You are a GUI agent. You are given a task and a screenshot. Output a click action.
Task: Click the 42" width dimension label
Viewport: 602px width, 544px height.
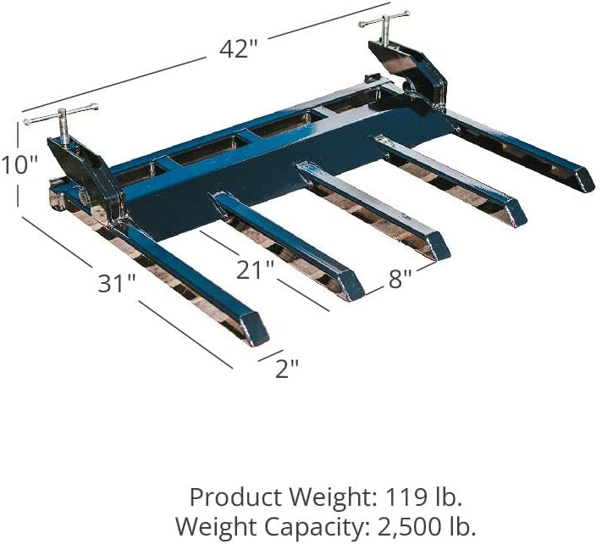pyautogui.click(x=238, y=48)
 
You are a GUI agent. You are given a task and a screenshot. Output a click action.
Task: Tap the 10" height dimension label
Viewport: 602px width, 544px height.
pyautogui.click(x=19, y=164)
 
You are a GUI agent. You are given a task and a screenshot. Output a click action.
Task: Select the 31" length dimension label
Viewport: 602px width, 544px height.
pyautogui.click(x=117, y=283)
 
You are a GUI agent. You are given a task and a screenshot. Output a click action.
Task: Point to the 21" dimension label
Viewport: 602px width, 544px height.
pyautogui.click(x=256, y=271)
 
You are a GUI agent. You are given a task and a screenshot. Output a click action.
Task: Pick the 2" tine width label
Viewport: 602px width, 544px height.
pyautogui.click(x=287, y=367)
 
